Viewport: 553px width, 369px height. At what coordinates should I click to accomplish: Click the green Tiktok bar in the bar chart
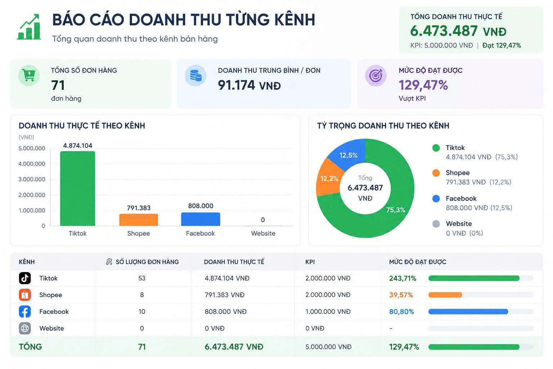[77, 188]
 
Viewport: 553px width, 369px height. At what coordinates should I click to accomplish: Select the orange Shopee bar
[139, 220]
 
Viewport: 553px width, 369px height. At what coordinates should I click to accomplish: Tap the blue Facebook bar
[201, 219]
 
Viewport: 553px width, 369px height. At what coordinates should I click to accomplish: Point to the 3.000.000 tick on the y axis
[32, 179]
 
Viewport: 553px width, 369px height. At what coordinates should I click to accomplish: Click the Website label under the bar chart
[263, 233]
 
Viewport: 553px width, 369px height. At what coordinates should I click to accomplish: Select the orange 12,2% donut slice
[329, 178]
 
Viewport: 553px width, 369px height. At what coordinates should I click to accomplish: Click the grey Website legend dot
[436, 224]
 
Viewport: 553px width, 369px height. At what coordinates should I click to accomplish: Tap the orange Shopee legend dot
[436, 173]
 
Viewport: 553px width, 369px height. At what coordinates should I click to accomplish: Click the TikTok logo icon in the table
[25, 278]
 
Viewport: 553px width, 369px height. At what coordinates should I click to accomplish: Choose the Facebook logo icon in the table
[25, 311]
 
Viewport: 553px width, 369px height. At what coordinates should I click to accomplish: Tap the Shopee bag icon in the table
[25, 295]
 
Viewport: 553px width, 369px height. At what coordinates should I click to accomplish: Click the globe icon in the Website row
[25, 328]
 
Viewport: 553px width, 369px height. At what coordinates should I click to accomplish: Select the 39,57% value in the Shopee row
[401, 295]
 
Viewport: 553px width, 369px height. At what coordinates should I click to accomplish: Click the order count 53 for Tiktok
[142, 278]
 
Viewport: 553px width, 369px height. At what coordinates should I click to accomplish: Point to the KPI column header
[310, 262]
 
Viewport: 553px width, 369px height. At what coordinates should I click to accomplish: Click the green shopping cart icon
[29, 75]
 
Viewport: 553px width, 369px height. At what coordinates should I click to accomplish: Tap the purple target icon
[376, 75]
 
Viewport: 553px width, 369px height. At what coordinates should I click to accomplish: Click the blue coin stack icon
[196, 75]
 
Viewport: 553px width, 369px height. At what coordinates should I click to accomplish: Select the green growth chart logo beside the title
[29, 27]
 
